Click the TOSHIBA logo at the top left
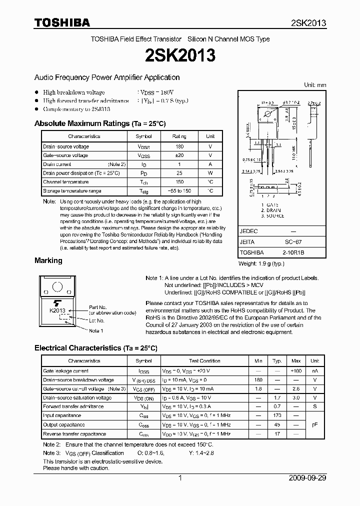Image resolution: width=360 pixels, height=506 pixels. (62, 22)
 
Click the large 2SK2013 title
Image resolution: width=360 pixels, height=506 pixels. (179, 55)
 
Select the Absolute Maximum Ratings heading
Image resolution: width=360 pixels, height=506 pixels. (99, 123)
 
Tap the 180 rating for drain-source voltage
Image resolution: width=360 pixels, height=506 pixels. (179, 146)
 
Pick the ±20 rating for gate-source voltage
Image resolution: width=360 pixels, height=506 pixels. (179, 155)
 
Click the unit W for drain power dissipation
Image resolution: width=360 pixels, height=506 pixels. (210, 173)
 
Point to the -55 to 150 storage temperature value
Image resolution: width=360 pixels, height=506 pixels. (179, 191)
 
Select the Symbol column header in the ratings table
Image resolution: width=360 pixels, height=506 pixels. (143, 136)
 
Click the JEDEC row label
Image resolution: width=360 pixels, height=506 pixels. (248, 231)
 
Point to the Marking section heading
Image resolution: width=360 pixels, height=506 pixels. (48, 260)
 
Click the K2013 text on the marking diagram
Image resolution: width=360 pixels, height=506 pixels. (58, 310)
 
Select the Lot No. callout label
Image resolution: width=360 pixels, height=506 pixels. (96, 320)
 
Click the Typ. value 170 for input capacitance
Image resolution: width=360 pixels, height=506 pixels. (276, 415)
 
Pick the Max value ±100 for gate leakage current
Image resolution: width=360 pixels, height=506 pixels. (295, 371)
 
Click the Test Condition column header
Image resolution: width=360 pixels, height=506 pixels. (204, 360)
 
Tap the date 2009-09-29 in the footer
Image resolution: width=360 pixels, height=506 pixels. (307, 478)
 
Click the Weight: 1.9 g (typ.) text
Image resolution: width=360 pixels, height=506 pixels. (261, 263)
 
